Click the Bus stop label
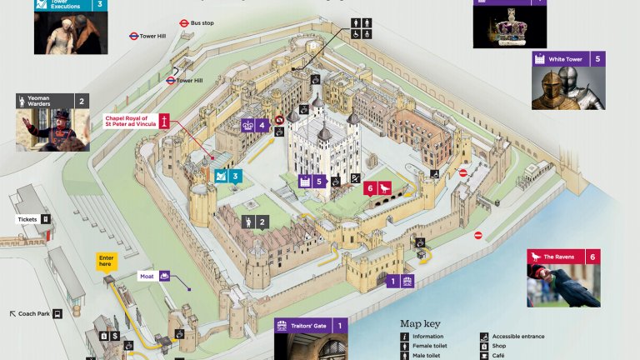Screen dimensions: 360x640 202,23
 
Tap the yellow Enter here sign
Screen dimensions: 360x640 106,261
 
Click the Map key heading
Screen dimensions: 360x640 421,323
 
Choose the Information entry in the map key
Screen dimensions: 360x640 427,336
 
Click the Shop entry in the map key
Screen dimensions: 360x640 498,345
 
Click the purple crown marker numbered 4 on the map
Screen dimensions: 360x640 255,127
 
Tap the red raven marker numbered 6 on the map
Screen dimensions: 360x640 375,188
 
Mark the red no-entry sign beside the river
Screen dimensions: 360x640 478,235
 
